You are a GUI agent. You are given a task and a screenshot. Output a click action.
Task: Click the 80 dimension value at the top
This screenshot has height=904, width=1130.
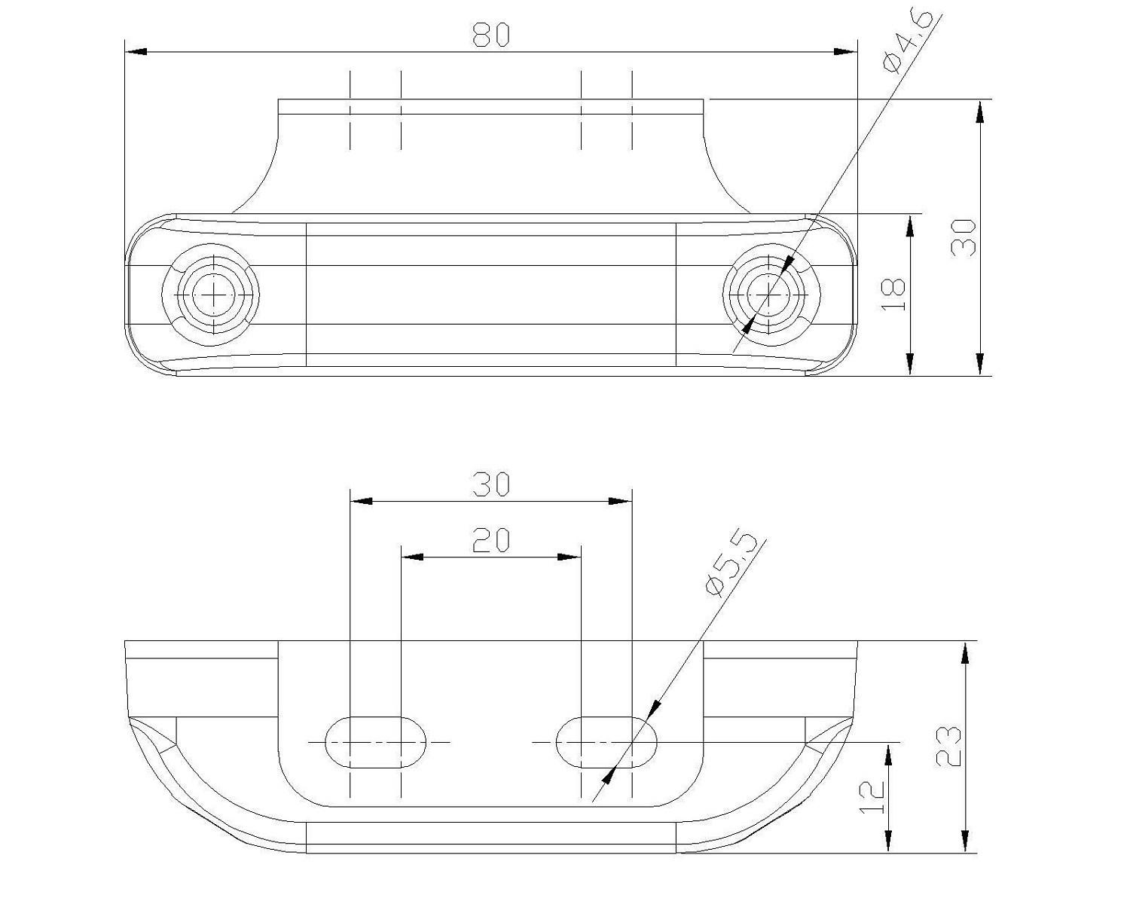point(491,35)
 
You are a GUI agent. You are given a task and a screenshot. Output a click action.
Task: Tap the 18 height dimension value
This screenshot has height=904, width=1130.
point(893,294)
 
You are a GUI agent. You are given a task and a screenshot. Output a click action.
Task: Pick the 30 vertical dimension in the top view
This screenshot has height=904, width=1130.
point(963,238)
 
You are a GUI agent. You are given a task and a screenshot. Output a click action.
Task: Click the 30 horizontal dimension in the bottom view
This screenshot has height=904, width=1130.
point(491,484)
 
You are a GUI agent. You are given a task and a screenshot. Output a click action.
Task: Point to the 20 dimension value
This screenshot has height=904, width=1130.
point(491,540)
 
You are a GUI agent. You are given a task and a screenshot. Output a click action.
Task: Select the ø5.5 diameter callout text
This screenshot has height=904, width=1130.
point(731,565)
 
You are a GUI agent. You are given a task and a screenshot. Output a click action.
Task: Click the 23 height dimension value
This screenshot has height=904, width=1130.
point(948,747)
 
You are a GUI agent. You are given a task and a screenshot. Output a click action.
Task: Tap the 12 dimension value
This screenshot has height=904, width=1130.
point(872,797)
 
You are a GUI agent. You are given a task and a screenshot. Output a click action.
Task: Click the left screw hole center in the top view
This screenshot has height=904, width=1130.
point(214,295)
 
